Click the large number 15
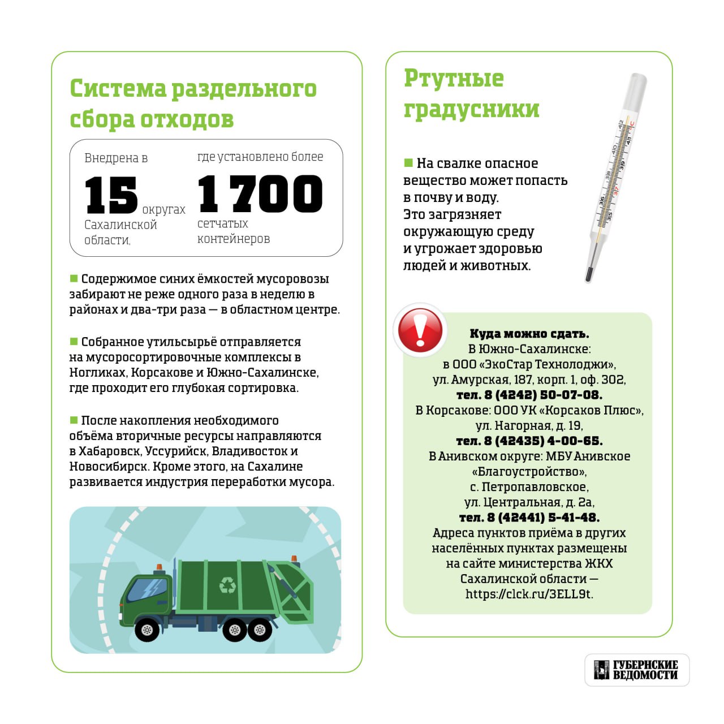coord(111,195)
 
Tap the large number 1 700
coord(260,193)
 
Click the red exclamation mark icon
coord(420,330)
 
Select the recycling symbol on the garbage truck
coord(227,584)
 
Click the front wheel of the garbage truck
coord(146,629)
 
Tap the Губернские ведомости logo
coord(637,670)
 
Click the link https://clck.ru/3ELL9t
coord(529,594)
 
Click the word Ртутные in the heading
coord(454,79)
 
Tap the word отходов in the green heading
coord(187,119)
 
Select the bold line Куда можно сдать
coord(529,334)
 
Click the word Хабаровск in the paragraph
coord(109,451)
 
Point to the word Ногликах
coord(98,373)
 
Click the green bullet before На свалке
coord(408,163)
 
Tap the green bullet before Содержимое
coord(74,278)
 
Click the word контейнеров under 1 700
coord(233,239)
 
